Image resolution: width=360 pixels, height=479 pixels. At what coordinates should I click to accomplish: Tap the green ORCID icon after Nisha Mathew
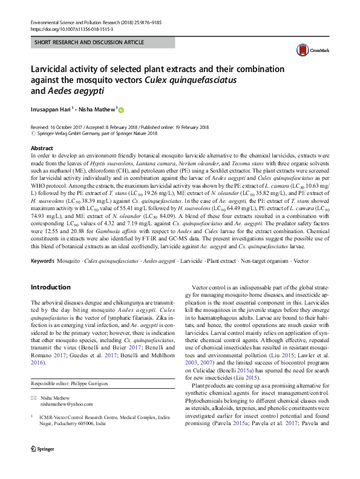pyautogui.click(x=120, y=110)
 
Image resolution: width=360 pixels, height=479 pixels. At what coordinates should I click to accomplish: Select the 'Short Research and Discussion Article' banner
pyautogui.click(x=90, y=42)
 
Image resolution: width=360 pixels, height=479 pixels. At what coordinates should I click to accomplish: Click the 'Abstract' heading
pyautogui.click(x=41, y=148)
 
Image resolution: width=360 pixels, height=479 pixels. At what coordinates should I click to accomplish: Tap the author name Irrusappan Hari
pyautogui.click(x=51, y=110)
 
